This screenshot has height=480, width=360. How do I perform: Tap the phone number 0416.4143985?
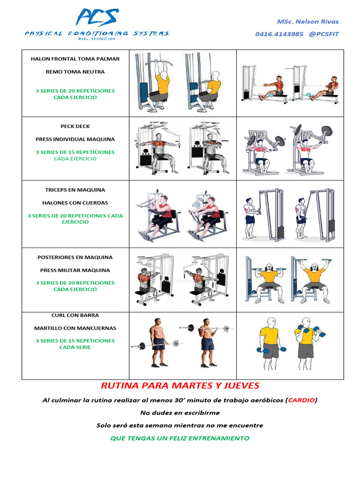click(x=279, y=34)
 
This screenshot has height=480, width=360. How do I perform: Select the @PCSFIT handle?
click(x=324, y=34)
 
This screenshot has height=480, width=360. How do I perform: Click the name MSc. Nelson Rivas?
click(x=307, y=22)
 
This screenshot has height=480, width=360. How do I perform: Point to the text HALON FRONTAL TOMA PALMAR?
click(x=75, y=59)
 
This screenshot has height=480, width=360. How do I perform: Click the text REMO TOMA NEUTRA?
click(x=75, y=72)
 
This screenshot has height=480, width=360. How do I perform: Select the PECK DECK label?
click(x=75, y=126)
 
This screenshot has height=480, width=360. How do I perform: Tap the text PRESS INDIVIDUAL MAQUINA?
click(x=75, y=139)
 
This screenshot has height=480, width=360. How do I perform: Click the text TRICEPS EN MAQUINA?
click(x=75, y=190)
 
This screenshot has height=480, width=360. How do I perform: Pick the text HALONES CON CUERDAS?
click(x=75, y=203)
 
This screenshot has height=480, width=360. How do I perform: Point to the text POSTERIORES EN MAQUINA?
click(x=75, y=257)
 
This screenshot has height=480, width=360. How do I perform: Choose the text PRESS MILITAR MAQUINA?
click(x=75, y=270)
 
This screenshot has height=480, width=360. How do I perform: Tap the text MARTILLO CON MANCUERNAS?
click(x=75, y=328)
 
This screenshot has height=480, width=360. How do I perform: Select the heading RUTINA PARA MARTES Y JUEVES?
click(x=180, y=386)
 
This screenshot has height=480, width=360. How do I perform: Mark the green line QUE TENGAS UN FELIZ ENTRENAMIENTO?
click(x=180, y=438)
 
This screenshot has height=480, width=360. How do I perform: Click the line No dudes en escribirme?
click(x=180, y=413)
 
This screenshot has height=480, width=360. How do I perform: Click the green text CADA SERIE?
click(x=75, y=347)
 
